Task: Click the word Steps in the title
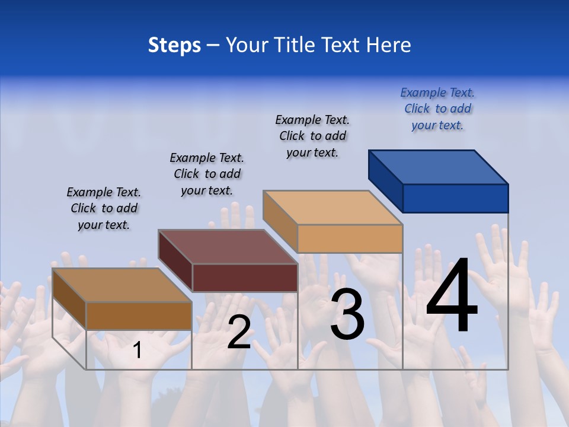pos(174,45)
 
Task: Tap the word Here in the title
pos(388,45)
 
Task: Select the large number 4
pos(452,297)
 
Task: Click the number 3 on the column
pos(347,314)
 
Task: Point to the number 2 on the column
pos(239,333)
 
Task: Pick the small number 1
pos(138,350)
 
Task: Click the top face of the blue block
pos(439,167)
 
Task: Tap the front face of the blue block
pos(455,198)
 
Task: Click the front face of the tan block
pos(350,238)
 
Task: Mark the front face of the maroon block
pos(245,278)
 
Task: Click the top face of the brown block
pos(122,285)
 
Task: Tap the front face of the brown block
pos(139,316)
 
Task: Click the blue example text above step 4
pos(437,109)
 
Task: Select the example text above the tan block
pos(312,136)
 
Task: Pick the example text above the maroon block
pos(207,174)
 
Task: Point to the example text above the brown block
pos(104,208)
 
